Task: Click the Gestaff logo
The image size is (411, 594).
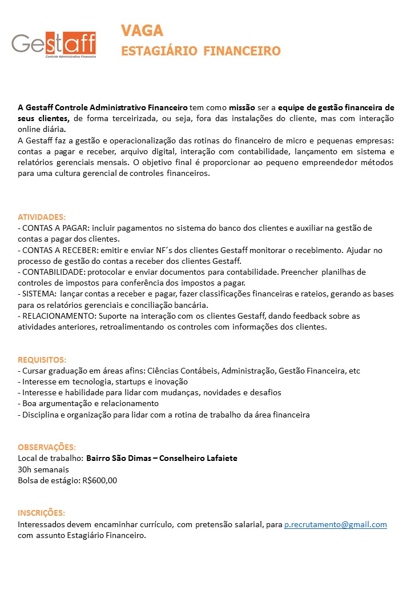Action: [54, 45]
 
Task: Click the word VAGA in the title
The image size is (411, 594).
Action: [142, 30]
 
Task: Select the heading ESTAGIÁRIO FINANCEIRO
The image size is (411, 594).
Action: [201, 51]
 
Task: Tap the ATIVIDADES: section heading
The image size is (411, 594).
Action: [42, 217]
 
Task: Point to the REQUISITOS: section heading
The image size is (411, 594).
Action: [42, 360]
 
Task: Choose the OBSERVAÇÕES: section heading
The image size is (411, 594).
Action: [47, 447]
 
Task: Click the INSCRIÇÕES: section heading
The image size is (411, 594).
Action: [41, 513]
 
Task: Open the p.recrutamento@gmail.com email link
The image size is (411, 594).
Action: [336, 524]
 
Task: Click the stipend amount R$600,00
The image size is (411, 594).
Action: [100, 480]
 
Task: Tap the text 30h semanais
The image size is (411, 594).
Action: [43, 469]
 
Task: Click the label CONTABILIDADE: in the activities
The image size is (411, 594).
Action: [53, 272]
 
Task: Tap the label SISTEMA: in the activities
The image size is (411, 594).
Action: [39, 294]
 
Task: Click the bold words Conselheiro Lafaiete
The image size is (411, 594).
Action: [202, 458]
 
